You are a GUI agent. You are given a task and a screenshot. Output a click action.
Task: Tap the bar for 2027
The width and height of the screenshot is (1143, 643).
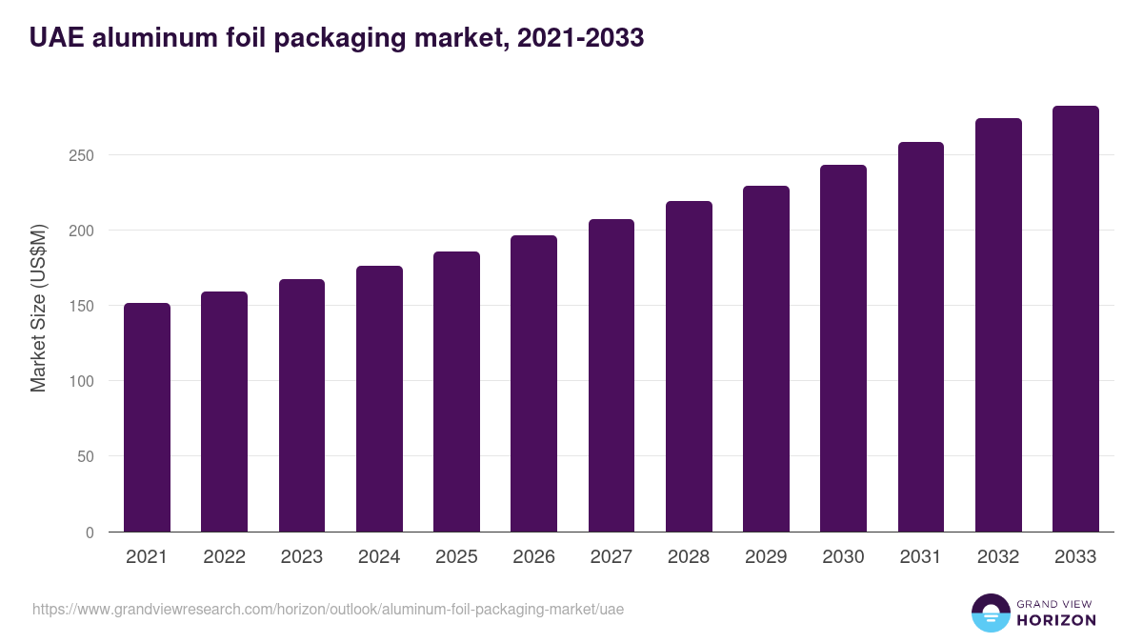coord(612,375)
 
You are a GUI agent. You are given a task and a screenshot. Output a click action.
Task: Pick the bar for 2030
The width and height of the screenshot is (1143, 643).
coord(843,348)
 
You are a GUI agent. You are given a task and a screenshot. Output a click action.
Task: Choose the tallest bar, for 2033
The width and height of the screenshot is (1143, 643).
coord(1075,318)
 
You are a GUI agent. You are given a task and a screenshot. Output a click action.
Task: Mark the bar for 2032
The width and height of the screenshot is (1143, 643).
coord(998,325)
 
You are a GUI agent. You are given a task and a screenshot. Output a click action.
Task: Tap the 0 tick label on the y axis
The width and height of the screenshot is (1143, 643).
coord(90,532)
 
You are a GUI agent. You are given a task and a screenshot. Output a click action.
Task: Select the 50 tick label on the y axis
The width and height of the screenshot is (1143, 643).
coord(86,457)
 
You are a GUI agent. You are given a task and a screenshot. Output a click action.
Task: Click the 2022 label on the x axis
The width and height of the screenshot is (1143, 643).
coord(224,557)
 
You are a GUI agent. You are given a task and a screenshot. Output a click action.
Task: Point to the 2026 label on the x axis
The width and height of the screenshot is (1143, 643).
coord(533,557)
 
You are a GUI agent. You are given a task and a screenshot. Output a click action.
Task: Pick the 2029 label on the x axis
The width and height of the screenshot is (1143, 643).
coord(766,557)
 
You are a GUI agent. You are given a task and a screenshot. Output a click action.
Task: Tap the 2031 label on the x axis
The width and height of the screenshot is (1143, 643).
coord(921,557)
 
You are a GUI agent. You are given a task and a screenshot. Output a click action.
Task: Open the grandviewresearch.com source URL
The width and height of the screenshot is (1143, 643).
coord(328,609)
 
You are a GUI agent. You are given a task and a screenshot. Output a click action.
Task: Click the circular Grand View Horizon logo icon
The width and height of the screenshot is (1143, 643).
coord(990,613)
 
